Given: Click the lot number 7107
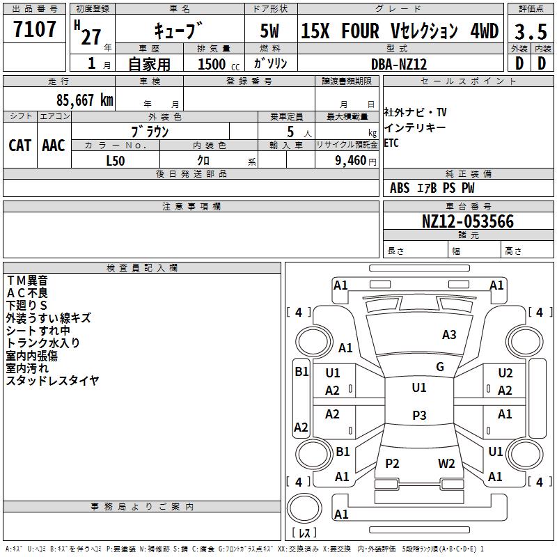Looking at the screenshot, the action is point(35,29).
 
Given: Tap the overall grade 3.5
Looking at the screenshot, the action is point(531,31).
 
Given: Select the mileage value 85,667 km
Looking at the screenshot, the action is point(85,100).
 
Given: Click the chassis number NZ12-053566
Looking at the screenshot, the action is point(468,221).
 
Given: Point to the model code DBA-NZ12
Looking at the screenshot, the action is point(399,64).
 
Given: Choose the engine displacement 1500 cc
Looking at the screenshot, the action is point(219,64).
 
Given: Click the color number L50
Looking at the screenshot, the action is point(116,161).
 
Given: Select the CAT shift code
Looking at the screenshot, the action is point(20,146).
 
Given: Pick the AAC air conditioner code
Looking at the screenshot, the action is point(54,146).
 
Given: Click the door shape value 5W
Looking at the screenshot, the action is point(269,31).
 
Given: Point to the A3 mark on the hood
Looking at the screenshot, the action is point(449,335).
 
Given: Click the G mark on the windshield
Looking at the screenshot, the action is point(440,366).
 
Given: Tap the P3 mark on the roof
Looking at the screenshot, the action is point(419,415).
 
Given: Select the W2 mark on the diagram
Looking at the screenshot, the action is point(446,463).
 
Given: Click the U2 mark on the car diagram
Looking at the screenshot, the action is point(505,372).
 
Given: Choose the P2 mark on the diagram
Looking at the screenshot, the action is point(392,463).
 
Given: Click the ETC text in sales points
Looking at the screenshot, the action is point(391,143).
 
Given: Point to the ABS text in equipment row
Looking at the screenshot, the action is point(400,187).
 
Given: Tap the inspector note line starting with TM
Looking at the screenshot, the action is point(27,281).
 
